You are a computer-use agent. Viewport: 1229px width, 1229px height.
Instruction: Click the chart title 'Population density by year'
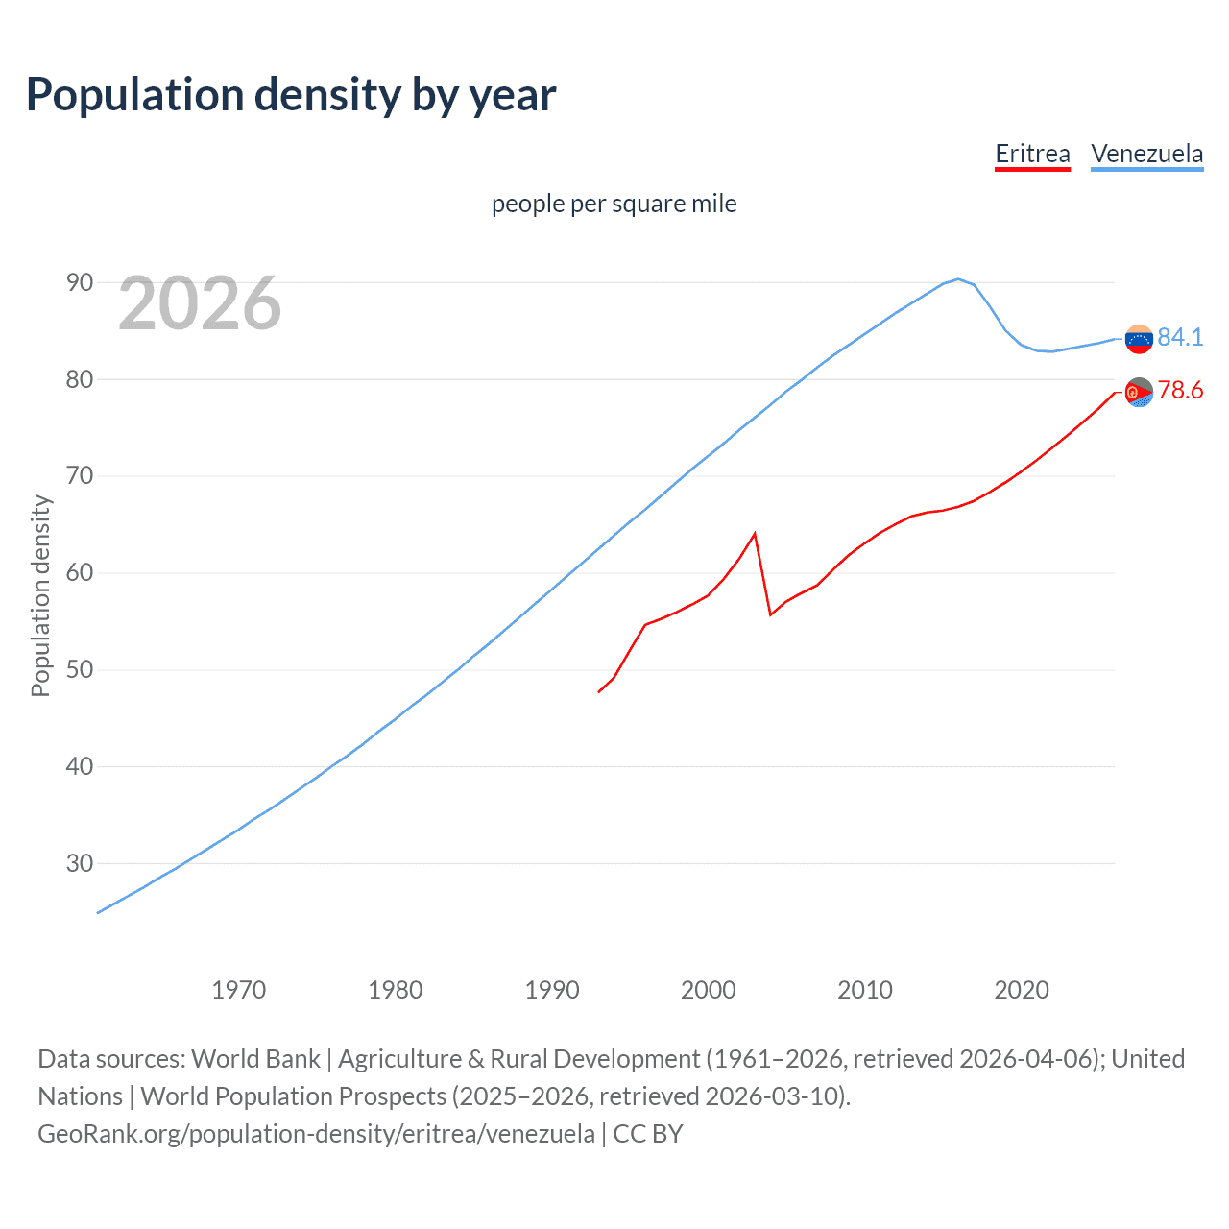pyautogui.click(x=291, y=95)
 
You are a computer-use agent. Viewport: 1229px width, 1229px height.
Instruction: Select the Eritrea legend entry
pyautogui.click(x=1032, y=154)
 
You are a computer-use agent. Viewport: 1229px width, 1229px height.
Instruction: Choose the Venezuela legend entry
pyautogui.click(x=1146, y=154)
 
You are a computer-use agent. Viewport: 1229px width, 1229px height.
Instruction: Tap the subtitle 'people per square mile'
pyautogui.click(x=614, y=204)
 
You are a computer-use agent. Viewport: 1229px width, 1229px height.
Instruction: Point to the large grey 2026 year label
pyautogui.click(x=200, y=303)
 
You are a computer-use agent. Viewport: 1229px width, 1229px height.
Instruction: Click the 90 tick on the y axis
pyautogui.click(x=80, y=282)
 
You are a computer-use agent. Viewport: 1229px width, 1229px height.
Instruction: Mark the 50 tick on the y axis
pyautogui.click(x=80, y=669)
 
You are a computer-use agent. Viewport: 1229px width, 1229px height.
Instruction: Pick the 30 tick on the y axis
pyautogui.click(x=80, y=863)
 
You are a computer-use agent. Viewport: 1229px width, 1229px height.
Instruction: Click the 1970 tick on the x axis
pyautogui.click(x=238, y=989)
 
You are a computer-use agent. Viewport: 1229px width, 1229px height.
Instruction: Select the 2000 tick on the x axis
pyautogui.click(x=708, y=989)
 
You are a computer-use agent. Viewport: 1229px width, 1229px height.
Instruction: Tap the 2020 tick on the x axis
pyautogui.click(x=1021, y=989)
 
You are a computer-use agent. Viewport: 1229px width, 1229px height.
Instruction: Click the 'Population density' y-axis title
pyautogui.click(x=40, y=595)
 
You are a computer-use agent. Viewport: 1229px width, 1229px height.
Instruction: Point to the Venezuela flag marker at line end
pyautogui.click(x=1139, y=339)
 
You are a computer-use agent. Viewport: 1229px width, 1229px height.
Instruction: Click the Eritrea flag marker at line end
pyautogui.click(x=1139, y=393)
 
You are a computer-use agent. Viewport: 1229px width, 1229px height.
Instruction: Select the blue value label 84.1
pyautogui.click(x=1180, y=337)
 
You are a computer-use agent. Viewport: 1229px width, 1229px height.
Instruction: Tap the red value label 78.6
pyautogui.click(x=1180, y=390)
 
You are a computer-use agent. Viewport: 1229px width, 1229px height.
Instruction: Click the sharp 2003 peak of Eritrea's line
pyautogui.click(x=755, y=533)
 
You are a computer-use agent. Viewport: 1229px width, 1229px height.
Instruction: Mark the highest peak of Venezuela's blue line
pyautogui.click(x=958, y=279)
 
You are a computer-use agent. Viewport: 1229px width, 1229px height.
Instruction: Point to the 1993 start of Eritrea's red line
pyautogui.click(x=599, y=691)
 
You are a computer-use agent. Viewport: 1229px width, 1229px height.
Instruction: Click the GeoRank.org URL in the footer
pyautogui.click(x=316, y=1134)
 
